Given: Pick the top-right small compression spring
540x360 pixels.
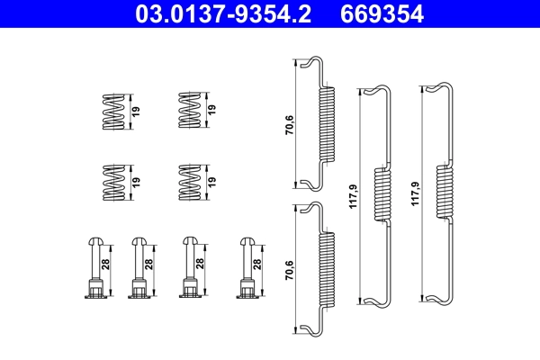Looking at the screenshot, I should pyautogui.click(x=188, y=111).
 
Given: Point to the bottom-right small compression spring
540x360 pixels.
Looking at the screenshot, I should pyautogui.click(x=188, y=181).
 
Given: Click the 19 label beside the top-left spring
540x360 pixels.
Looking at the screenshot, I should pyautogui.click(x=137, y=111).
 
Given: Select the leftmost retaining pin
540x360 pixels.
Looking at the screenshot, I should pyautogui.click(x=94, y=267).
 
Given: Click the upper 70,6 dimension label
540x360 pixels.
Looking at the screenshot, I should pyautogui.click(x=289, y=123).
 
